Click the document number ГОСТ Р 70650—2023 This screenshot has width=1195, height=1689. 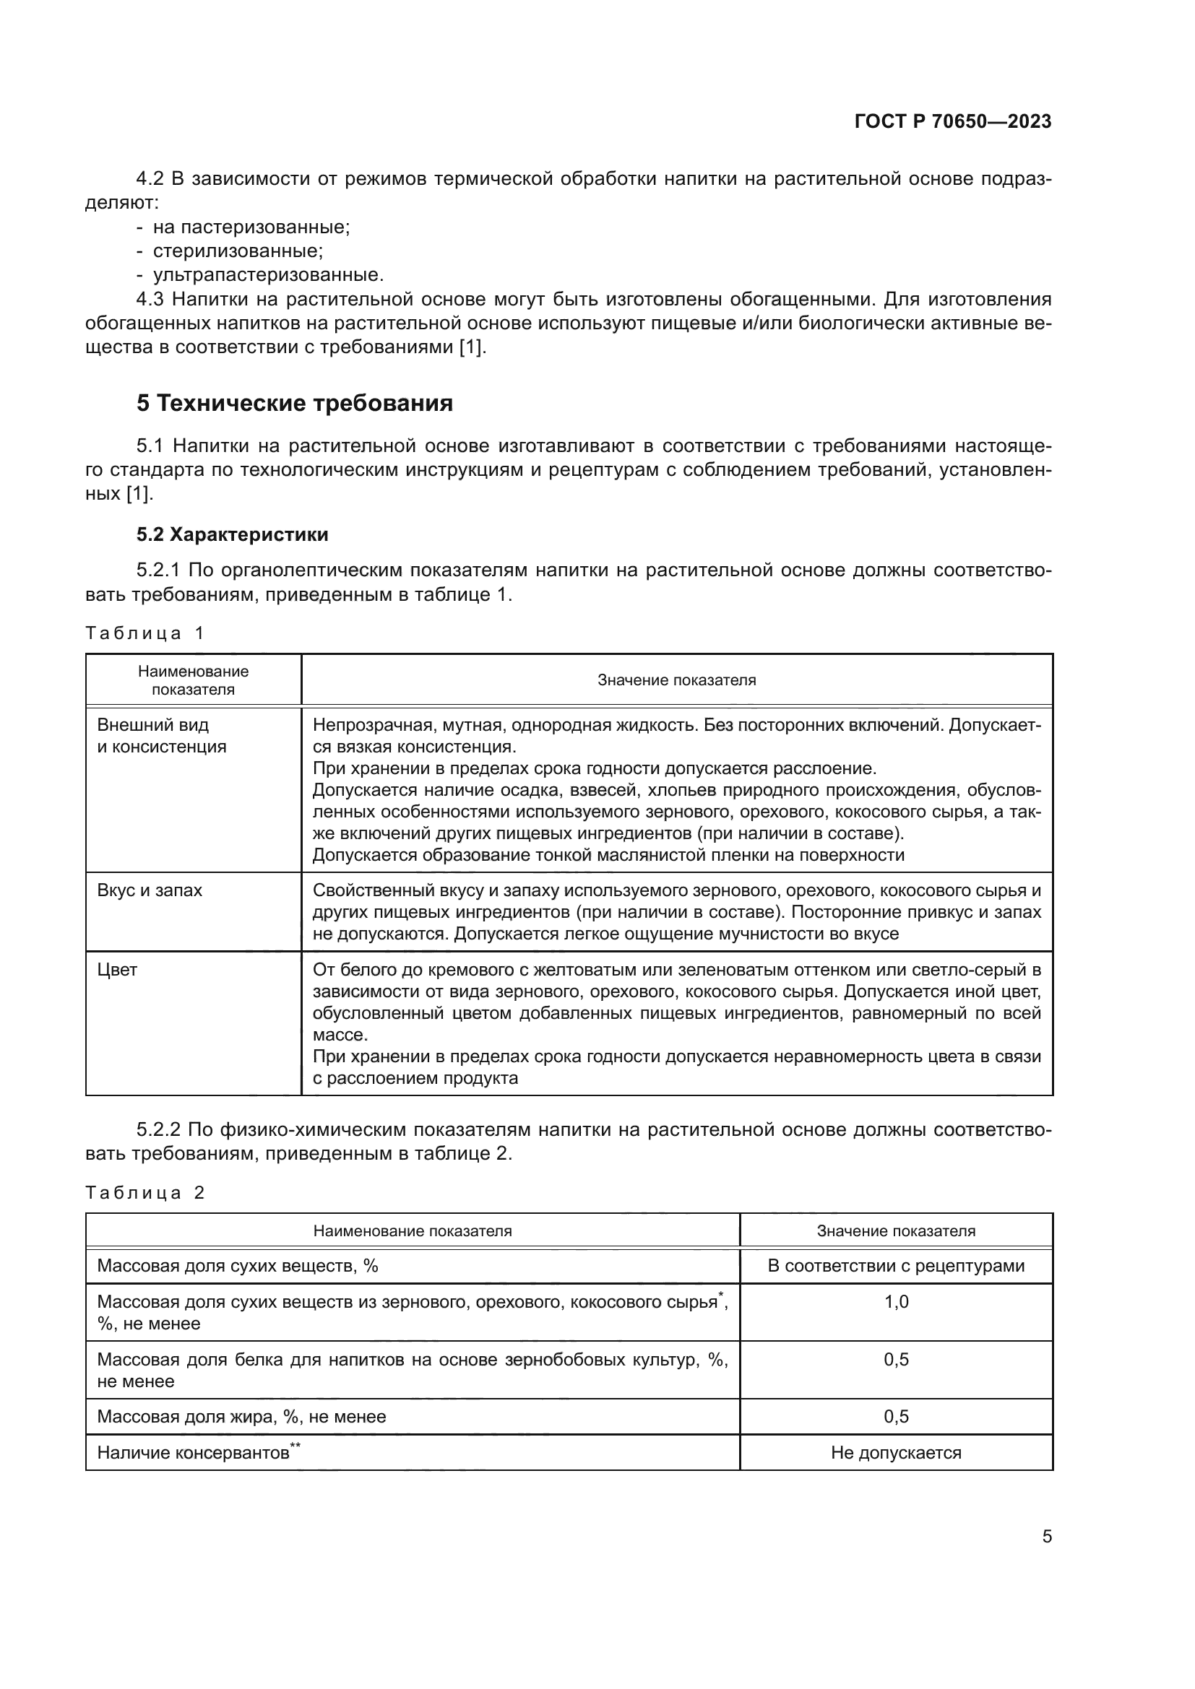[x=953, y=121]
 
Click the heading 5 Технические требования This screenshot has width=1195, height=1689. [x=294, y=403]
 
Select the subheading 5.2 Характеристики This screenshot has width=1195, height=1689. [x=232, y=534]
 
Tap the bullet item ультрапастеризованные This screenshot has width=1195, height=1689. [x=268, y=275]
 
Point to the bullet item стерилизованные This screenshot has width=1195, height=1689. [x=238, y=251]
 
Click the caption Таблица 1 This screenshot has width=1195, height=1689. [x=144, y=633]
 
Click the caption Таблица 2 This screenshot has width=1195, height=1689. [x=144, y=1192]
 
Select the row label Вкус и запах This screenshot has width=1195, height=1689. [x=150, y=890]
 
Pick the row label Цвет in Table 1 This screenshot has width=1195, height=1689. [x=117, y=970]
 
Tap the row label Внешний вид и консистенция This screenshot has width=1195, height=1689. [x=161, y=736]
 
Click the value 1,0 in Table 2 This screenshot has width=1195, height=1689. [x=895, y=1301]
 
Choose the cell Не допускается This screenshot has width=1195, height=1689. [x=895, y=1453]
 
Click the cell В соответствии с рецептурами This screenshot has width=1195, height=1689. [x=895, y=1265]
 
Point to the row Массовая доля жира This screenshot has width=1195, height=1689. [x=241, y=1416]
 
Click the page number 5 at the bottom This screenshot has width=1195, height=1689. [x=1046, y=1536]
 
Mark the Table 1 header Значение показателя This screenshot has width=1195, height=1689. [x=676, y=679]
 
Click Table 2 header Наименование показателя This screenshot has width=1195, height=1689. [x=412, y=1230]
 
